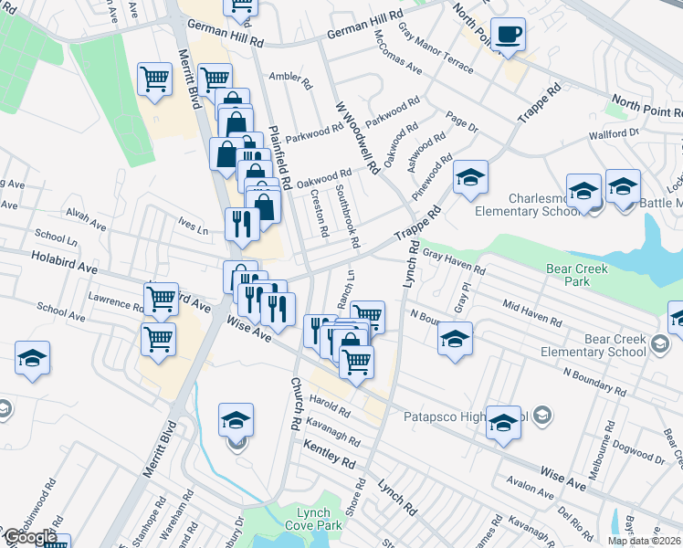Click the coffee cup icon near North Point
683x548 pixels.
pyautogui.click(x=508, y=36)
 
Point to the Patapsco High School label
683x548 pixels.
pyautogui.click(x=466, y=416)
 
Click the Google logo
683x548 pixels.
pyautogui.click(x=30, y=538)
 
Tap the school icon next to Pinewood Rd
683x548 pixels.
pyautogui.click(x=470, y=177)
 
